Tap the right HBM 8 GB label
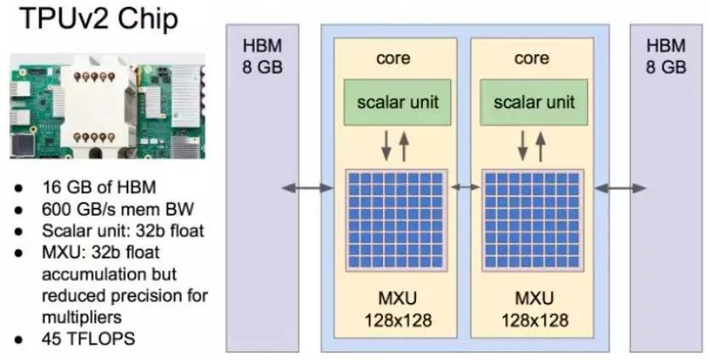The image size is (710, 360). point(665,55)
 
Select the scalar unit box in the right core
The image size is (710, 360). point(533,103)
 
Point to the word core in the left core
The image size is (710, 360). point(392,59)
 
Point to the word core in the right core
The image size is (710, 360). point(532,59)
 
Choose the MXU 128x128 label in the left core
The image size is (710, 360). point(393,309)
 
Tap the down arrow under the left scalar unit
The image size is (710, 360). point(386,146)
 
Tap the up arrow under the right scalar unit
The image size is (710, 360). point(541,146)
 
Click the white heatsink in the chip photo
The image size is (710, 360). point(93,106)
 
